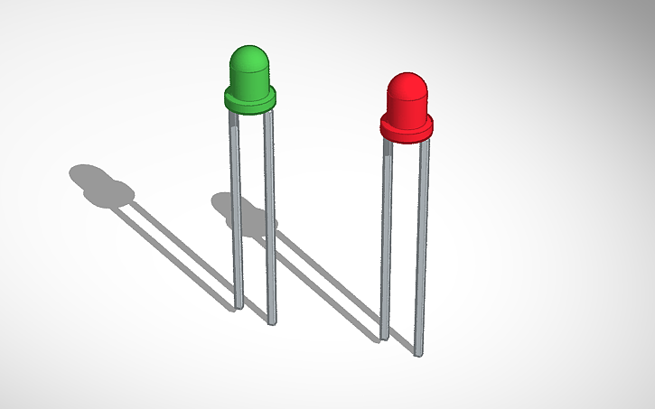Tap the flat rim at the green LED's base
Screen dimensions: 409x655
[249, 101]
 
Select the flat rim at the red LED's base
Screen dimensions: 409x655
[407, 130]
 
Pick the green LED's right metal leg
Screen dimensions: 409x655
[269, 217]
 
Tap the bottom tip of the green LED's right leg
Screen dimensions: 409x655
[272, 321]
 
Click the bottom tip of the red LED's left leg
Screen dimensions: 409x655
[384, 339]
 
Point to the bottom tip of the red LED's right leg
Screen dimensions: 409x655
[418, 353]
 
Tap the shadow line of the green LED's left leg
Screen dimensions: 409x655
[176, 248]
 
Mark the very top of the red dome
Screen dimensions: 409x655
[407, 73]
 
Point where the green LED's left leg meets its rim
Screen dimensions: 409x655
[234, 114]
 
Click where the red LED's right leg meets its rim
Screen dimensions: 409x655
[424, 142]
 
